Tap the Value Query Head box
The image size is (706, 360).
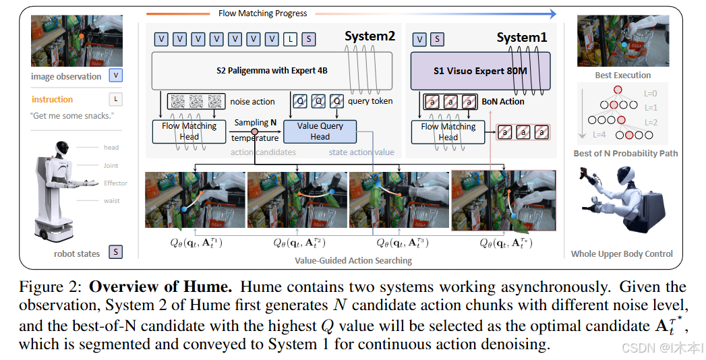pos(320,131)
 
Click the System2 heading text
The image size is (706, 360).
pos(370,36)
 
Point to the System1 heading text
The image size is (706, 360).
pos(522,38)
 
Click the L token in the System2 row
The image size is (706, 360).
pos(290,39)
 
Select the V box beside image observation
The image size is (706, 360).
pos(116,76)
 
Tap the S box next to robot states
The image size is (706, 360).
pos(116,253)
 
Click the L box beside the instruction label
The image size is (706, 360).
pos(116,99)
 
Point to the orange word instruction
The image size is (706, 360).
pos(52,99)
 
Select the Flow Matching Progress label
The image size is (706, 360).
pos(262,13)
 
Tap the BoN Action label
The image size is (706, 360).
pos(503,102)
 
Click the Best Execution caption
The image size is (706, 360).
pos(622,76)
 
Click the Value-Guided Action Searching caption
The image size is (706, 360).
pos(353,260)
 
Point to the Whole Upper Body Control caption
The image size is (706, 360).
pos(622,254)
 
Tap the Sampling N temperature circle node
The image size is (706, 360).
pos(255,131)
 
